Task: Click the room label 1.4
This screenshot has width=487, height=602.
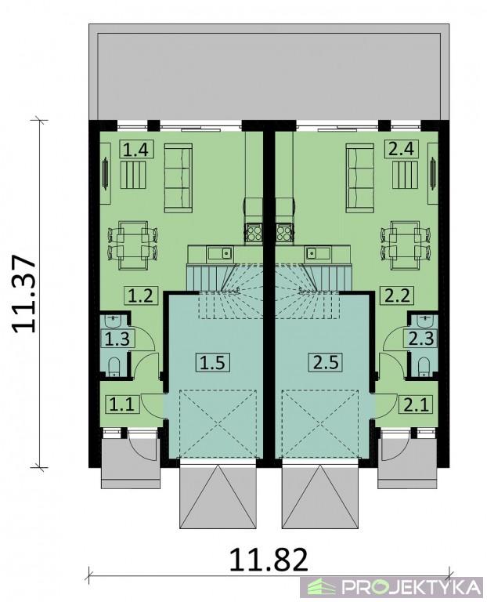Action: click(137, 150)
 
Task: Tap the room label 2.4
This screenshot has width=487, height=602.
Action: click(401, 149)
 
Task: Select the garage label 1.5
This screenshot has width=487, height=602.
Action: click(214, 362)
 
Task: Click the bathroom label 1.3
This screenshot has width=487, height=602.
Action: click(117, 339)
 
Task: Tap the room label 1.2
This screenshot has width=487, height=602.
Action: click(140, 296)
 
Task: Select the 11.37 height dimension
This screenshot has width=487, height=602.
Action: click(23, 294)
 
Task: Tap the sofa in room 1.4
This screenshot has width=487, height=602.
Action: click(179, 178)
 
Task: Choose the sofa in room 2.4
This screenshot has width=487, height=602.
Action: click(359, 178)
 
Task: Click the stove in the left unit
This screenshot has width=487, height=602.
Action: click(254, 233)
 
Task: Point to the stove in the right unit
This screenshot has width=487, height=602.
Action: click(283, 233)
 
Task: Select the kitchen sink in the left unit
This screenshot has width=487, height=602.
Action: click(220, 252)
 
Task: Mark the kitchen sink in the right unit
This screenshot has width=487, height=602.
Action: click(318, 252)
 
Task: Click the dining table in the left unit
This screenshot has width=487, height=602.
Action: click(133, 245)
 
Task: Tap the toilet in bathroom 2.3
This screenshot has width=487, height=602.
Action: click(424, 367)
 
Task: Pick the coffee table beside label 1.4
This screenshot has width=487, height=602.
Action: click(133, 175)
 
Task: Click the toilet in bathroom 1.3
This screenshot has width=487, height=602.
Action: click(114, 367)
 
